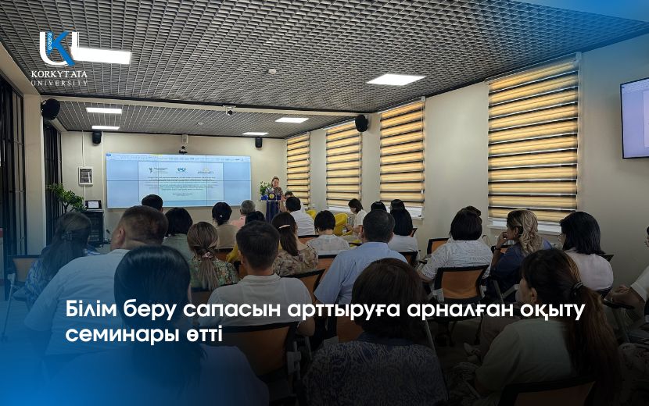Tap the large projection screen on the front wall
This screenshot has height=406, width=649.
179,180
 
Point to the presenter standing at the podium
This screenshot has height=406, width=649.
276,188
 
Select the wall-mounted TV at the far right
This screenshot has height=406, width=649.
634,117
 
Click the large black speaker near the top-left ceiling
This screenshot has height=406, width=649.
51,109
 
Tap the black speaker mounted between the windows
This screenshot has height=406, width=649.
361,123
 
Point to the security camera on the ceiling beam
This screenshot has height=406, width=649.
229,110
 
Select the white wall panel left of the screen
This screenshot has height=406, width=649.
85,176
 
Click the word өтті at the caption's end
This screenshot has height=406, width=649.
201,337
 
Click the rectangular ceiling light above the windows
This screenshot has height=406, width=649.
396,80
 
